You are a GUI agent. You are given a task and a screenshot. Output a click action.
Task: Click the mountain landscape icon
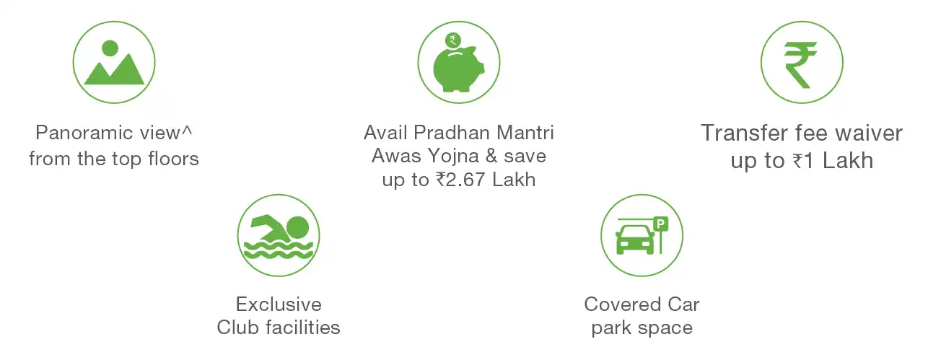114,63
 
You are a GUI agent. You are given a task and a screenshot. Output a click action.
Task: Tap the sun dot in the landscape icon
110,48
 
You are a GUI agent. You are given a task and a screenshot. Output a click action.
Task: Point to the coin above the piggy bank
452,40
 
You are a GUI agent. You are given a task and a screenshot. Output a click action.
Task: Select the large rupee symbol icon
800,65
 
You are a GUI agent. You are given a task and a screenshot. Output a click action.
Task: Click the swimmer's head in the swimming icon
298,228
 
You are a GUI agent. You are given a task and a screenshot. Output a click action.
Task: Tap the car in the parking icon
635,240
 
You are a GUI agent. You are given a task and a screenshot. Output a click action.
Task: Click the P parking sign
661,224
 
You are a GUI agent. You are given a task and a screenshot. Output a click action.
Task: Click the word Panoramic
84,133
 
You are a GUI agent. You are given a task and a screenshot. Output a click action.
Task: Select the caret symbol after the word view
187,130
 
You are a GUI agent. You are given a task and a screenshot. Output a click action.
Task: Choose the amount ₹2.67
460,180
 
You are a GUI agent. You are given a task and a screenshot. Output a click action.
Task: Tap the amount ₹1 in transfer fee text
803,161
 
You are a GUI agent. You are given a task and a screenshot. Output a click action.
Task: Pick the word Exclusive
279,304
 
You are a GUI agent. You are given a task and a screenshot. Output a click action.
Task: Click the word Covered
622,304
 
